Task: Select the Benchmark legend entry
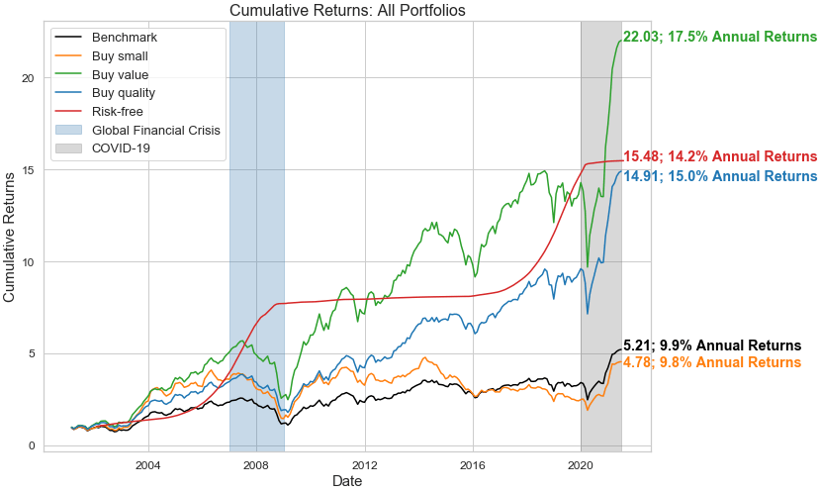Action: tap(124, 38)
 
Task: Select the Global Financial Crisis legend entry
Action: tap(155, 130)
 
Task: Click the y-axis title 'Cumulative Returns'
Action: tap(11, 237)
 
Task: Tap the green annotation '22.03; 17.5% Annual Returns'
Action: tap(720, 38)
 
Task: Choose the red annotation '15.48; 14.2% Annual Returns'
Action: tap(720, 157)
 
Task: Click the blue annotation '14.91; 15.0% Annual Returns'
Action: tap(720, 176)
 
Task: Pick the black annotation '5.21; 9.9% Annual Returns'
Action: tap(712, 345)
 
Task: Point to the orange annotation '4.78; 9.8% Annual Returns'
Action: tap(712, 363)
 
